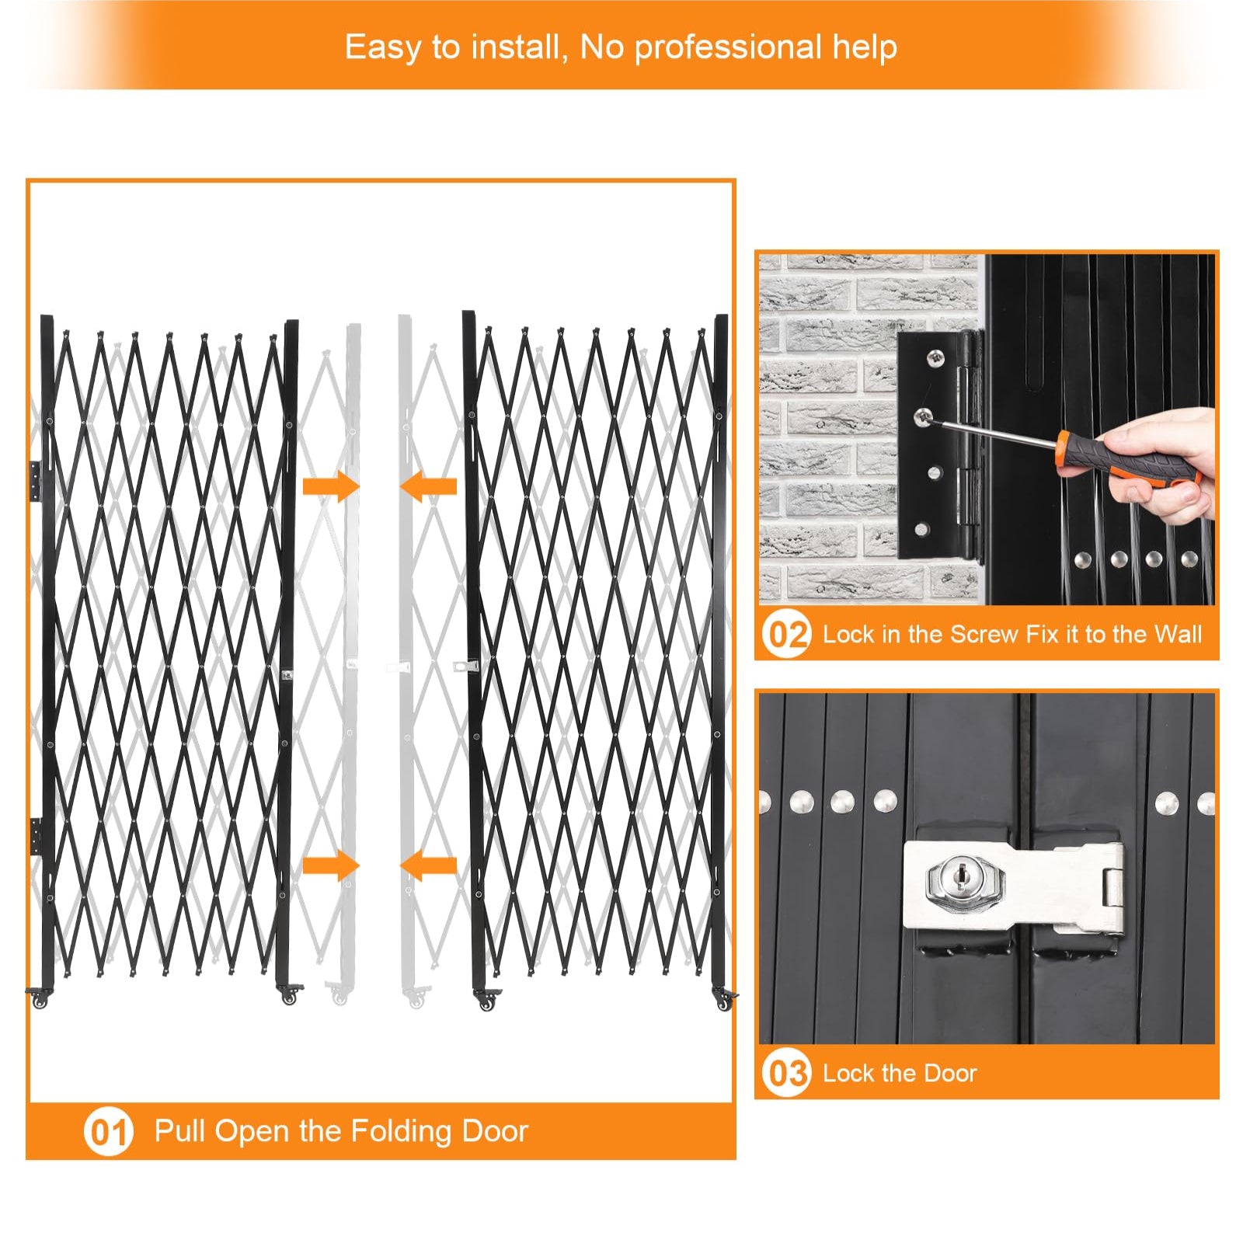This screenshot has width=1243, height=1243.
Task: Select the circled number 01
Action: (109, 1132)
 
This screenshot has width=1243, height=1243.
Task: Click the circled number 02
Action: (786, 634)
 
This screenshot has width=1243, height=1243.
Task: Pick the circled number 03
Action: (786, 1073)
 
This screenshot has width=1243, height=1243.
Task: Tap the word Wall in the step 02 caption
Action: (1178, 634)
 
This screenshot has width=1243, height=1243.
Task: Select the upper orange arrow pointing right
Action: (331, 487)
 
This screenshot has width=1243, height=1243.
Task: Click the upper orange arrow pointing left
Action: (428, 487)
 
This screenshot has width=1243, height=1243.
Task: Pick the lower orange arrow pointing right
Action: (331, 865)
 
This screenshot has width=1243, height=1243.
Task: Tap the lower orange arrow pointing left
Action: (428, 865)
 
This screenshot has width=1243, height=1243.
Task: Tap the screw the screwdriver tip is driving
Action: (924, 416)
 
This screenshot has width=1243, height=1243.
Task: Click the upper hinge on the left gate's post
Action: (36, 481)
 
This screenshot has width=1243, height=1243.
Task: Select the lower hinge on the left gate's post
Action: (36, 837)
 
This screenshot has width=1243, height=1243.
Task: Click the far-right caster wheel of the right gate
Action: (724, 1001)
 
